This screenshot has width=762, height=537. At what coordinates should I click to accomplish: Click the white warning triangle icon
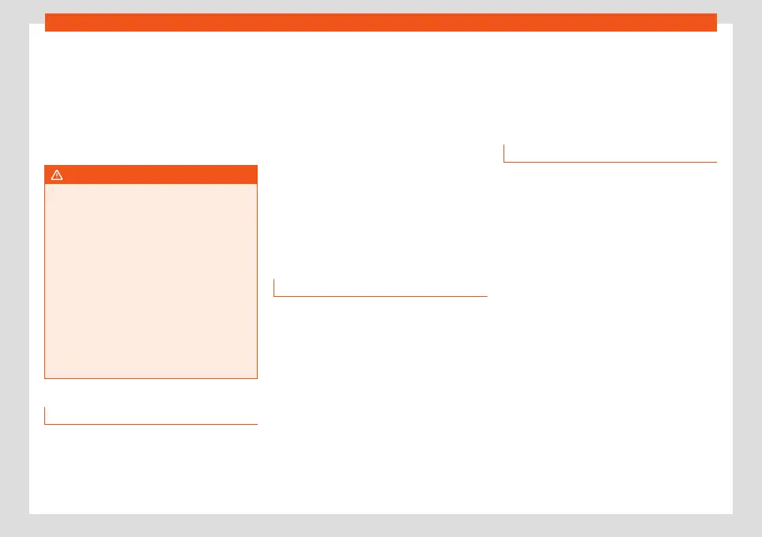point(57,175)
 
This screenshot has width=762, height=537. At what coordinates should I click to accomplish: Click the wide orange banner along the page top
point(380,22)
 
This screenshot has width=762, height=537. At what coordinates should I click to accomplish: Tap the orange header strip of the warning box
point(151,175)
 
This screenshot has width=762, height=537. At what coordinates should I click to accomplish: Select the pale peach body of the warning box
point(151,281)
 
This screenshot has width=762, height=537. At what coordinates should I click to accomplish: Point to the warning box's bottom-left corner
point(45,378)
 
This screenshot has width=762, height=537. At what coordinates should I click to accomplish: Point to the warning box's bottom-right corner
point(257,378)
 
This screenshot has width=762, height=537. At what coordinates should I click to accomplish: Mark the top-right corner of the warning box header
point(257,166)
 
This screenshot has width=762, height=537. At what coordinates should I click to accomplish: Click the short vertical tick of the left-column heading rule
point(45,415)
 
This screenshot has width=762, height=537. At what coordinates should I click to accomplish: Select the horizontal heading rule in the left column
point(151,424)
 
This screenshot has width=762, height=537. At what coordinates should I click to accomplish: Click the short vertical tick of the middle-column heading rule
point(274,287)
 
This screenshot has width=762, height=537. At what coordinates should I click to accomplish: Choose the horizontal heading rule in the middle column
point(380,296)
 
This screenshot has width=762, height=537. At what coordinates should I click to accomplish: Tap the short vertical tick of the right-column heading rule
point(504,153)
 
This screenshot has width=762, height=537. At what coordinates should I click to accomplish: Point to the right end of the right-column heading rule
point(716,162)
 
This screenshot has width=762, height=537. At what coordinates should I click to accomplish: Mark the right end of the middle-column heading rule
point(487,296)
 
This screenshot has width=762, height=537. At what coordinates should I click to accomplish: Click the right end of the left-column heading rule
point(257,424)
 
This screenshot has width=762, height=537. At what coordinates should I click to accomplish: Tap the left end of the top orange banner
point(47,22)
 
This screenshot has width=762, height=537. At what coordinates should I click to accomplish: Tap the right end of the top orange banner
point(715,22)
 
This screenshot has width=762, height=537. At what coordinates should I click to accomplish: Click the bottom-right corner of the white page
point(732,513)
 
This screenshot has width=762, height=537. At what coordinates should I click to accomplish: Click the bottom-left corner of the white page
point(30,513)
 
